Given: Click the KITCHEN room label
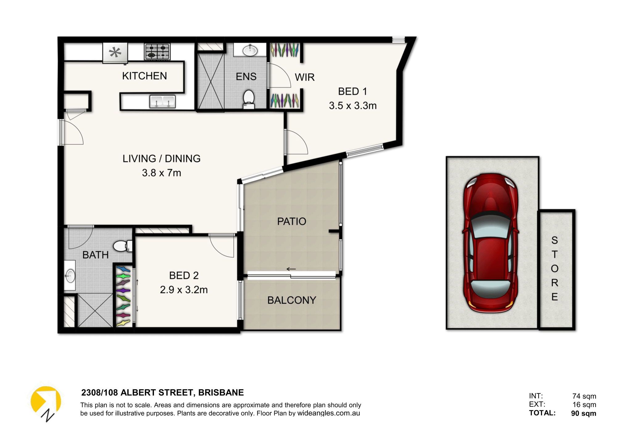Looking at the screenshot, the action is click(144, 76).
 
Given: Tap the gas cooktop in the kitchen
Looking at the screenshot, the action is click(157, 51).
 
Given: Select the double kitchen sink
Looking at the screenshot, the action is click(162, 101).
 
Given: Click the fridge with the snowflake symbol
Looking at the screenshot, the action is click(115, 53).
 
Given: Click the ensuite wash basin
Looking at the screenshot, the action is click(250, 50).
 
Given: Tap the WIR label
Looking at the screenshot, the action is click(304, 77).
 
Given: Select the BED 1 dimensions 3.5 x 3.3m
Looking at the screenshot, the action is click(353, 106).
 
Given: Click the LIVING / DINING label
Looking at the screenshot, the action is click(161, 158).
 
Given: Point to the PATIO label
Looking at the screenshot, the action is click(292, 221).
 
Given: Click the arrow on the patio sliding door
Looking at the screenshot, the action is click(291, 269).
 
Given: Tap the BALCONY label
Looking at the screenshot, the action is click(292, 300).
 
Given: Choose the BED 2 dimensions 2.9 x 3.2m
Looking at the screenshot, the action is click(184, 290).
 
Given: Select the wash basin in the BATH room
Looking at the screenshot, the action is click(70, 276).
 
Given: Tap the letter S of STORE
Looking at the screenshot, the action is click(554, 240).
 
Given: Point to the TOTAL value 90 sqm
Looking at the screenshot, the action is click(583, 413).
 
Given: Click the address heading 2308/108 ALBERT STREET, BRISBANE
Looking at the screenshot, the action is click(162, 393).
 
